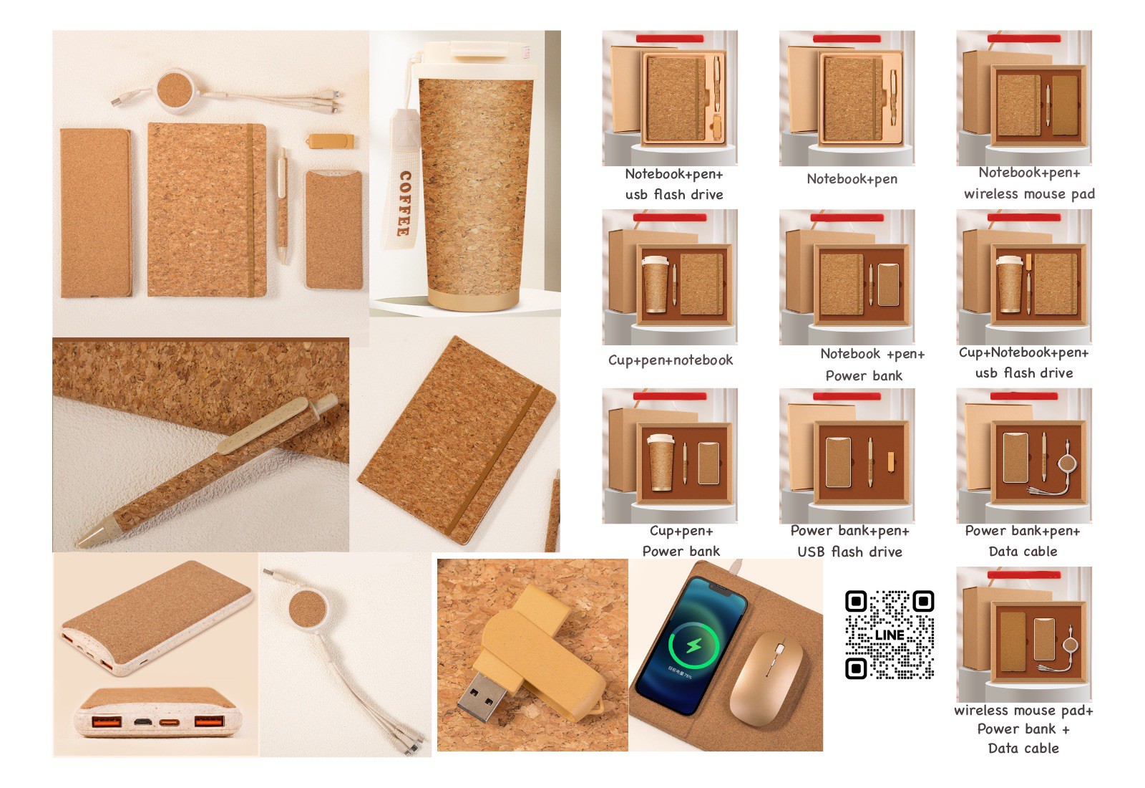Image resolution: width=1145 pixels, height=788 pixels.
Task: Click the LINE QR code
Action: pos(890,635)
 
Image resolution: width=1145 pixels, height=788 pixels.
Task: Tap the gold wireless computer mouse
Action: pos(766,678)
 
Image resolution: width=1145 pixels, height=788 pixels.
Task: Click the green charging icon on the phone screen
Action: pos(693,645)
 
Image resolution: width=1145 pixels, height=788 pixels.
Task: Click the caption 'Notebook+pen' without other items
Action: pos(852,179)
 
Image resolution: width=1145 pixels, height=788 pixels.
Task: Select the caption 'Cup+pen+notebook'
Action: pos(670,360)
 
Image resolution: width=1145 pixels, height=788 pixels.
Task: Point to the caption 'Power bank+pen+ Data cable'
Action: pos(1023,541)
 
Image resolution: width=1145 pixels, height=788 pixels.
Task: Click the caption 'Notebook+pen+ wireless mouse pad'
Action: pos(1029,183)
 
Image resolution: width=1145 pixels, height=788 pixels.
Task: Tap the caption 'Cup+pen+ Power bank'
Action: pos(681,541)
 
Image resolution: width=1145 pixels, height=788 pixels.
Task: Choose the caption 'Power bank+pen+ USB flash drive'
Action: pos(849,542)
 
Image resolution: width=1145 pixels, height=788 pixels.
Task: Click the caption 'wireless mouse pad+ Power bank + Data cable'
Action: pos(1023,729)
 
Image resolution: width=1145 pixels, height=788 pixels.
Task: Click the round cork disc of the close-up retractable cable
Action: pos(305,609)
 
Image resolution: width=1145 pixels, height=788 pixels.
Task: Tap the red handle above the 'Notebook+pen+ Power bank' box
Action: pos(847,218)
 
